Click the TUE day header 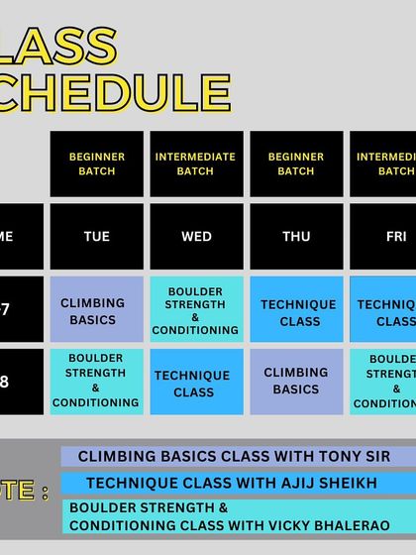[x=97, y=237]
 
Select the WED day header [x=196, y=237]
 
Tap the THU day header [x=295, y=237]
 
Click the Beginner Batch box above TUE [x=97, y=164]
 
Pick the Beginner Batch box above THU [x=295, y=164]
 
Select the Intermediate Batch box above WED [x=196, y=164]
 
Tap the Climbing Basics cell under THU [x=295, y=381]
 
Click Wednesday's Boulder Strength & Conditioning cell [x=196, y=310]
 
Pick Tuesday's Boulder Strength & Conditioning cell [x=97, y=381]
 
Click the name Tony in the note [x=329, y=457]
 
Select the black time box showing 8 [x=20, y=381]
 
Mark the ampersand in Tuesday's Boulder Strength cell [x=96, y=388]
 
